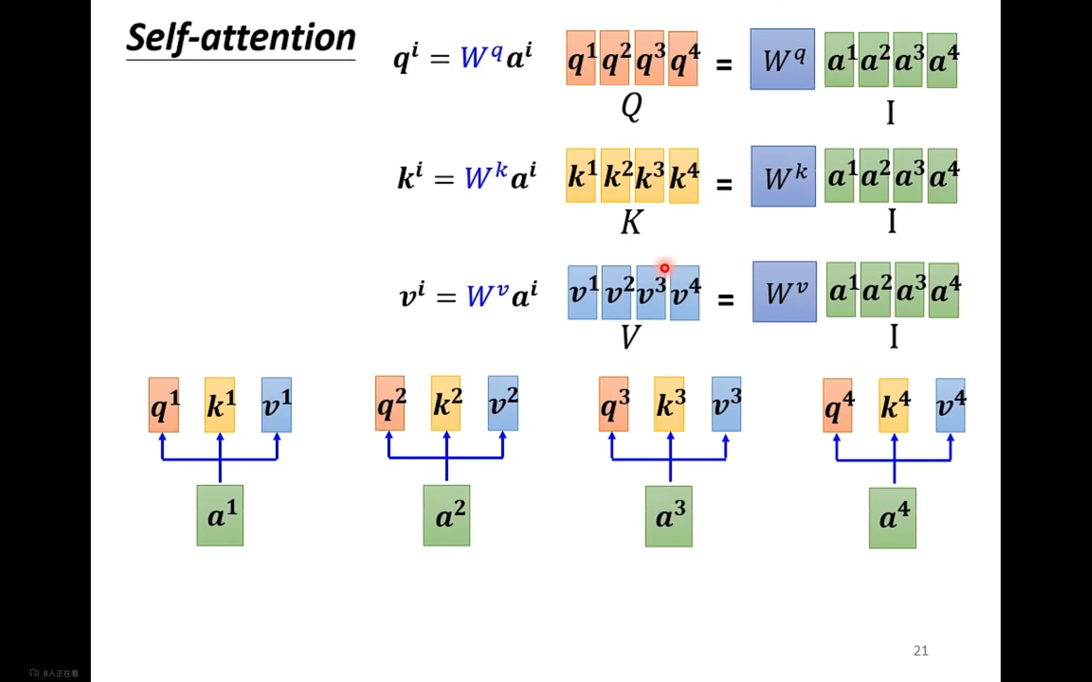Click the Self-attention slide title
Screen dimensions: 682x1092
pos(241,39)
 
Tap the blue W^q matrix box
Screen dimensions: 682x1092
pos(782,59)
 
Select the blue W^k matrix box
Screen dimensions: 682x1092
pos(783,176)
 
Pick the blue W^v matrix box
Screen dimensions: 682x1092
pos(784,292)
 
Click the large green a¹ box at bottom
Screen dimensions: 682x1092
pos(220,516)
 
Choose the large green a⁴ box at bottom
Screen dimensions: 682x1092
pos(892,518)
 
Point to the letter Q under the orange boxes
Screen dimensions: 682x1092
pos(631,107)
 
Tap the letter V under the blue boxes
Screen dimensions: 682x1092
pos(630,336)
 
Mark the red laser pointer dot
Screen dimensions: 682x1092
pos(665,269)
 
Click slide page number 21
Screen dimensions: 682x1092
pos(921,650)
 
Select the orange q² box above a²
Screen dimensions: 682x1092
pos(390,404)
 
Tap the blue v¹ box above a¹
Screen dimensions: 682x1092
pos(276,405)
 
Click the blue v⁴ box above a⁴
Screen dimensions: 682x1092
pos(950,405)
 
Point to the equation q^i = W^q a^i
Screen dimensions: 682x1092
pos(462,58)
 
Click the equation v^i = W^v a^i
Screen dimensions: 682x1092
pos(468,295)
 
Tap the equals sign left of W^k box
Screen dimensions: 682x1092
pos(724,184)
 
